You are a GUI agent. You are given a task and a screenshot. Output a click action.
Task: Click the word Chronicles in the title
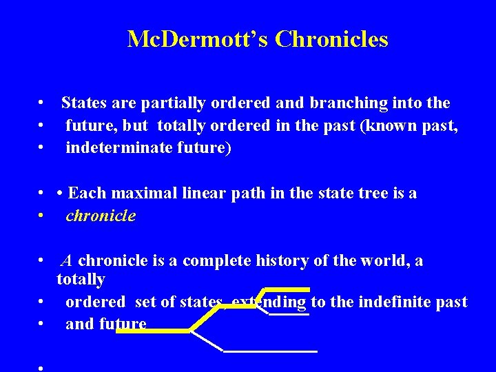pyautogui.click(x=331, y=39)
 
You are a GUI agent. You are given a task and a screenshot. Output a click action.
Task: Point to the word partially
pyautogui.click(x=174, y=103)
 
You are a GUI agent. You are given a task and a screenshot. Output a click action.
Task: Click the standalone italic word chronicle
pyautogui.click(x=101, y=216)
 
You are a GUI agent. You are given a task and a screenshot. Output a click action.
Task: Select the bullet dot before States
pyautogui.click(x=42, y=103)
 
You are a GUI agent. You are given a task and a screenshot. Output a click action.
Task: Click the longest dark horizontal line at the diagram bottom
pyautogui.click(x=271, y=351)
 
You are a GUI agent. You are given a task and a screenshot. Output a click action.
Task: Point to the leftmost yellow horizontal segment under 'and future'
pyautogui.click(x=152, y=331)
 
